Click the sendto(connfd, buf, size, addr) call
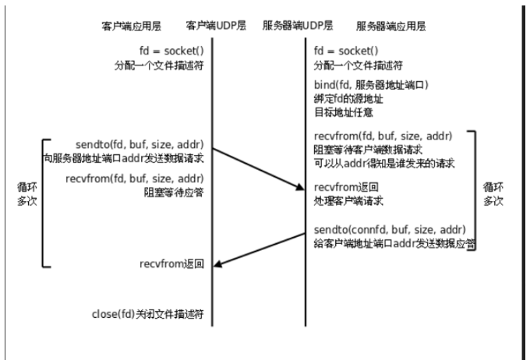click(x=390, y=231)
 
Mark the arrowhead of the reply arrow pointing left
click(x=219, y=265)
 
